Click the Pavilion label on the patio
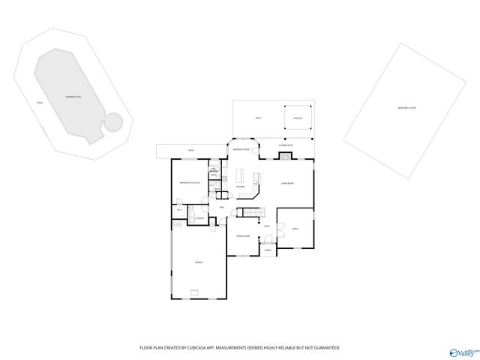point(297,118)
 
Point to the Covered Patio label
point(286,145)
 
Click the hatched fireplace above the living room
point(285,157)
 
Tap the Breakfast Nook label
point(241,150)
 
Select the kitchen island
point(241,176)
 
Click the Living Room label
point(286,183)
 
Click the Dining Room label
point(243,235)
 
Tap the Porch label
point(267,250)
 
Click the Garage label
point(198,262)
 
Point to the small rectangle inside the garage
point(195,293)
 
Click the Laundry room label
point(200,218)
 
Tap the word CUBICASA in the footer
point(194,348)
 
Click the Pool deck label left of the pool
point(40,102)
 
